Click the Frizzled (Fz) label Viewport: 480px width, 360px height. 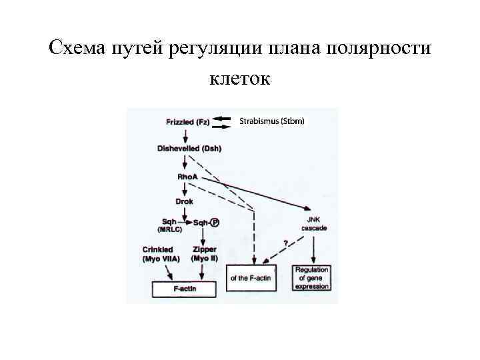tap(188, 122)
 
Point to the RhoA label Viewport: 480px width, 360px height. tap(187, 176)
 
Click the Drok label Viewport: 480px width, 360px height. tap(184, 201)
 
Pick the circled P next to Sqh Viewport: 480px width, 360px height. tap(215, 223)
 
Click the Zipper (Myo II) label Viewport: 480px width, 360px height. tap(205, 253)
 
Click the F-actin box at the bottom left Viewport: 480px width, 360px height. tap(185, 289)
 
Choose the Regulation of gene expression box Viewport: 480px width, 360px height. tap(313, 278)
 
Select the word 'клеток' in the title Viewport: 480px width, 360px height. tap(239, 80)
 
